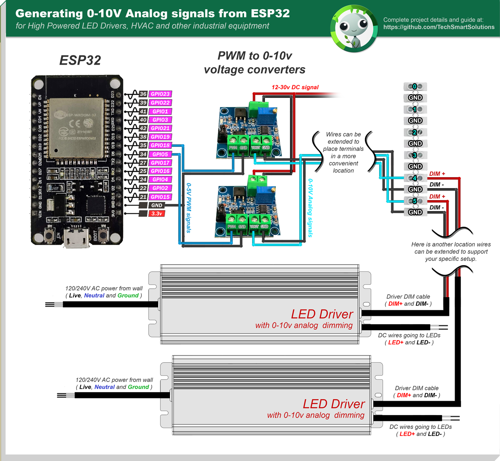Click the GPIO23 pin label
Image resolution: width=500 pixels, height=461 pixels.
click(x=160, y=94)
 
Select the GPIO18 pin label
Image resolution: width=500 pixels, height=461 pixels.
click(x=160, y=145)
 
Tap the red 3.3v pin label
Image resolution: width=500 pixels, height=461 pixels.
click(x=157, y=213)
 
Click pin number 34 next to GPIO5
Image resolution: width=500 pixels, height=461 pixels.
click(x=143, y=154)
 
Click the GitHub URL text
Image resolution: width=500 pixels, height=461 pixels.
click(x=439, y=27)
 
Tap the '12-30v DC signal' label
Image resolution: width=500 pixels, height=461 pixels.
click(x=295, y=87)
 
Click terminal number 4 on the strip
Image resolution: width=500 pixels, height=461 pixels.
click(x=415, y=178)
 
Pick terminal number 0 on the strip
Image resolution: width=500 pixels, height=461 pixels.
click(x=415, y=86)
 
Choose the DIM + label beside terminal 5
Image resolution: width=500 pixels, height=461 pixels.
click(x=437, y=196)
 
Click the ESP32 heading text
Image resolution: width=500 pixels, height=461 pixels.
click(x=80, y=60)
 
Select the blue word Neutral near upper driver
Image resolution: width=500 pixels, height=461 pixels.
click(x=94, y=296)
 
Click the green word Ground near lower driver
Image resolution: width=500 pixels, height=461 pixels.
click(x=138, y=387)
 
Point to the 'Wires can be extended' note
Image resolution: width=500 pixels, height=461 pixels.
click(x=343, y=152)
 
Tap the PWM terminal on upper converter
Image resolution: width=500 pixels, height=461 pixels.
click(x=233, y=141)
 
